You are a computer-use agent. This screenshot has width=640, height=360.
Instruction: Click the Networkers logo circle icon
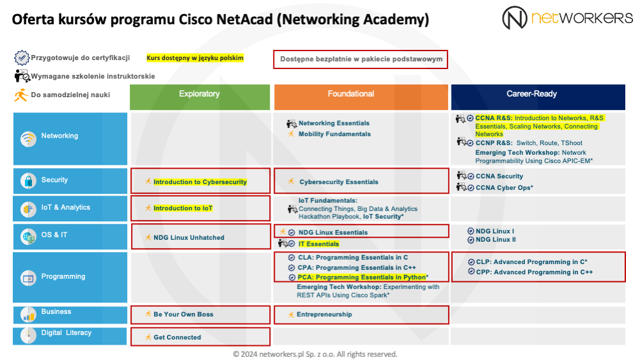515,17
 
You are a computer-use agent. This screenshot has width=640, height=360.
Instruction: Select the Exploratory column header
199,94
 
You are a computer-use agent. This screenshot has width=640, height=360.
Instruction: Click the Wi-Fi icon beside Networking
28,138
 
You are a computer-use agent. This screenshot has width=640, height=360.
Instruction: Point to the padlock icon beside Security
28,180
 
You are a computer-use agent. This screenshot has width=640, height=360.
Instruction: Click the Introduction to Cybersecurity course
199,182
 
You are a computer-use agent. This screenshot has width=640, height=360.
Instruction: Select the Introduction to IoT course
183,208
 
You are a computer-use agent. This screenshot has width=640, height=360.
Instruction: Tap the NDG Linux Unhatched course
189,238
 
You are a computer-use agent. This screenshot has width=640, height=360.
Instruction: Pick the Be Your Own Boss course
183,315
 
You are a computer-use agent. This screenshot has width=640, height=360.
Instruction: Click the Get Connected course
177,338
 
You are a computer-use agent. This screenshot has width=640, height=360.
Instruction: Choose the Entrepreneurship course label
324,315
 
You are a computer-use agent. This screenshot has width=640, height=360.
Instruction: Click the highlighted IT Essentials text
318,244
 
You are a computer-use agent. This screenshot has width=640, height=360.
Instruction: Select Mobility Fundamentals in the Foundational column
334,134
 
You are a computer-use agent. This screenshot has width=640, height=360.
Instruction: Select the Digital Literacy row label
66,333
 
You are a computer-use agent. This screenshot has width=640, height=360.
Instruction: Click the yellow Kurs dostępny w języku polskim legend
195,58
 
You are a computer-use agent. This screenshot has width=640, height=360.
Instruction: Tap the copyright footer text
315,354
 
